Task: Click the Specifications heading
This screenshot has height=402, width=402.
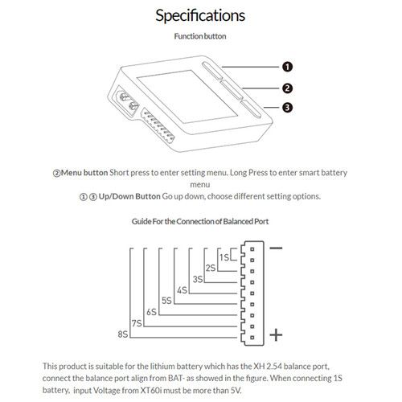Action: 200,16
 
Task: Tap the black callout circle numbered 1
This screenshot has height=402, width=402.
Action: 287,67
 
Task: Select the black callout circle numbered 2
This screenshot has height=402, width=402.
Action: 287,88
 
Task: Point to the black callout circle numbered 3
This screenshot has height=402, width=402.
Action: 287,108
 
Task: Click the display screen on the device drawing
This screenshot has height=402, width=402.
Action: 187,96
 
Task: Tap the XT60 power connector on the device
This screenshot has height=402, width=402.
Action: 128,103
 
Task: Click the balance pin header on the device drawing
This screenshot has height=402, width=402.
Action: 158,125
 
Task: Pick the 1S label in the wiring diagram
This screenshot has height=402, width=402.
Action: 224,257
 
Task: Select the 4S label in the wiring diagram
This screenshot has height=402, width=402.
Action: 182,290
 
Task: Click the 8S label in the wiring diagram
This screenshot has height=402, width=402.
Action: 123,334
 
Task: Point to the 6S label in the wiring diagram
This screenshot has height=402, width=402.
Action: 151,312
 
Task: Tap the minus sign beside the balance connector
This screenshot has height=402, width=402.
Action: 276,248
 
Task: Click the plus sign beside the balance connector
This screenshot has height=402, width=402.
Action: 276,335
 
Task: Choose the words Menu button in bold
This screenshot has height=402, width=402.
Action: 84,173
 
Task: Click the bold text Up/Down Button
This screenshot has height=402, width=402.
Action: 129,196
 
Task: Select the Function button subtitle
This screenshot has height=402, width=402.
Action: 200,36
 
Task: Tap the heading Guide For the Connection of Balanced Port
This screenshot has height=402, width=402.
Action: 200,221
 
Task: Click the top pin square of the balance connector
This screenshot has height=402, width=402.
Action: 252,249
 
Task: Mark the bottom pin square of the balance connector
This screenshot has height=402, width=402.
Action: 252,338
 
